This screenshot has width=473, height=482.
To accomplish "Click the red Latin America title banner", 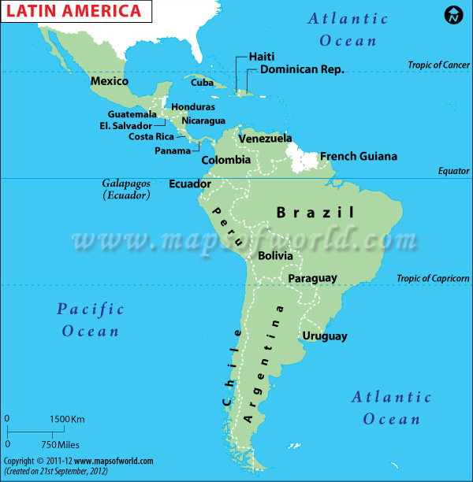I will (x=75, y=12).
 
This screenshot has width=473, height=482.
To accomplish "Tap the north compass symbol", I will (x=454, y=15).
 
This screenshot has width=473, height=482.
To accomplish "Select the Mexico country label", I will (x=110, y=81).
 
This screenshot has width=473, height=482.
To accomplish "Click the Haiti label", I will (x=261, y=57).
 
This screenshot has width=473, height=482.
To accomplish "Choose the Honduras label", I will (x=193, y=106).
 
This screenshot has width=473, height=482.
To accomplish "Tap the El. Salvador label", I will (x=125, y=125).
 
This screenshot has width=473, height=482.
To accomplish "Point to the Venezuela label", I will (x=265, y=139).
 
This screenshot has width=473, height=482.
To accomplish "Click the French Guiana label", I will (x=358, y=156).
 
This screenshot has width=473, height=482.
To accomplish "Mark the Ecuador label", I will (x=190, y=184).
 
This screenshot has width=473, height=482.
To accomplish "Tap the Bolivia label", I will (x=275, y=255).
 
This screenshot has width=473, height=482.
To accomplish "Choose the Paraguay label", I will (x=312, y=278).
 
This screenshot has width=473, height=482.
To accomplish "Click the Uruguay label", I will (x=324, y=336).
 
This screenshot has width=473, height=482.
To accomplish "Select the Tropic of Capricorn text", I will (x=433, y=278).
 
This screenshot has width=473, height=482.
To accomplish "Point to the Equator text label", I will (x=453, y=171).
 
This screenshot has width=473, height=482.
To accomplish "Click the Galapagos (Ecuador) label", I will (x=126, y=189).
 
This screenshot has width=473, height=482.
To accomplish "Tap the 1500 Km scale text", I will (x=68, y=418).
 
